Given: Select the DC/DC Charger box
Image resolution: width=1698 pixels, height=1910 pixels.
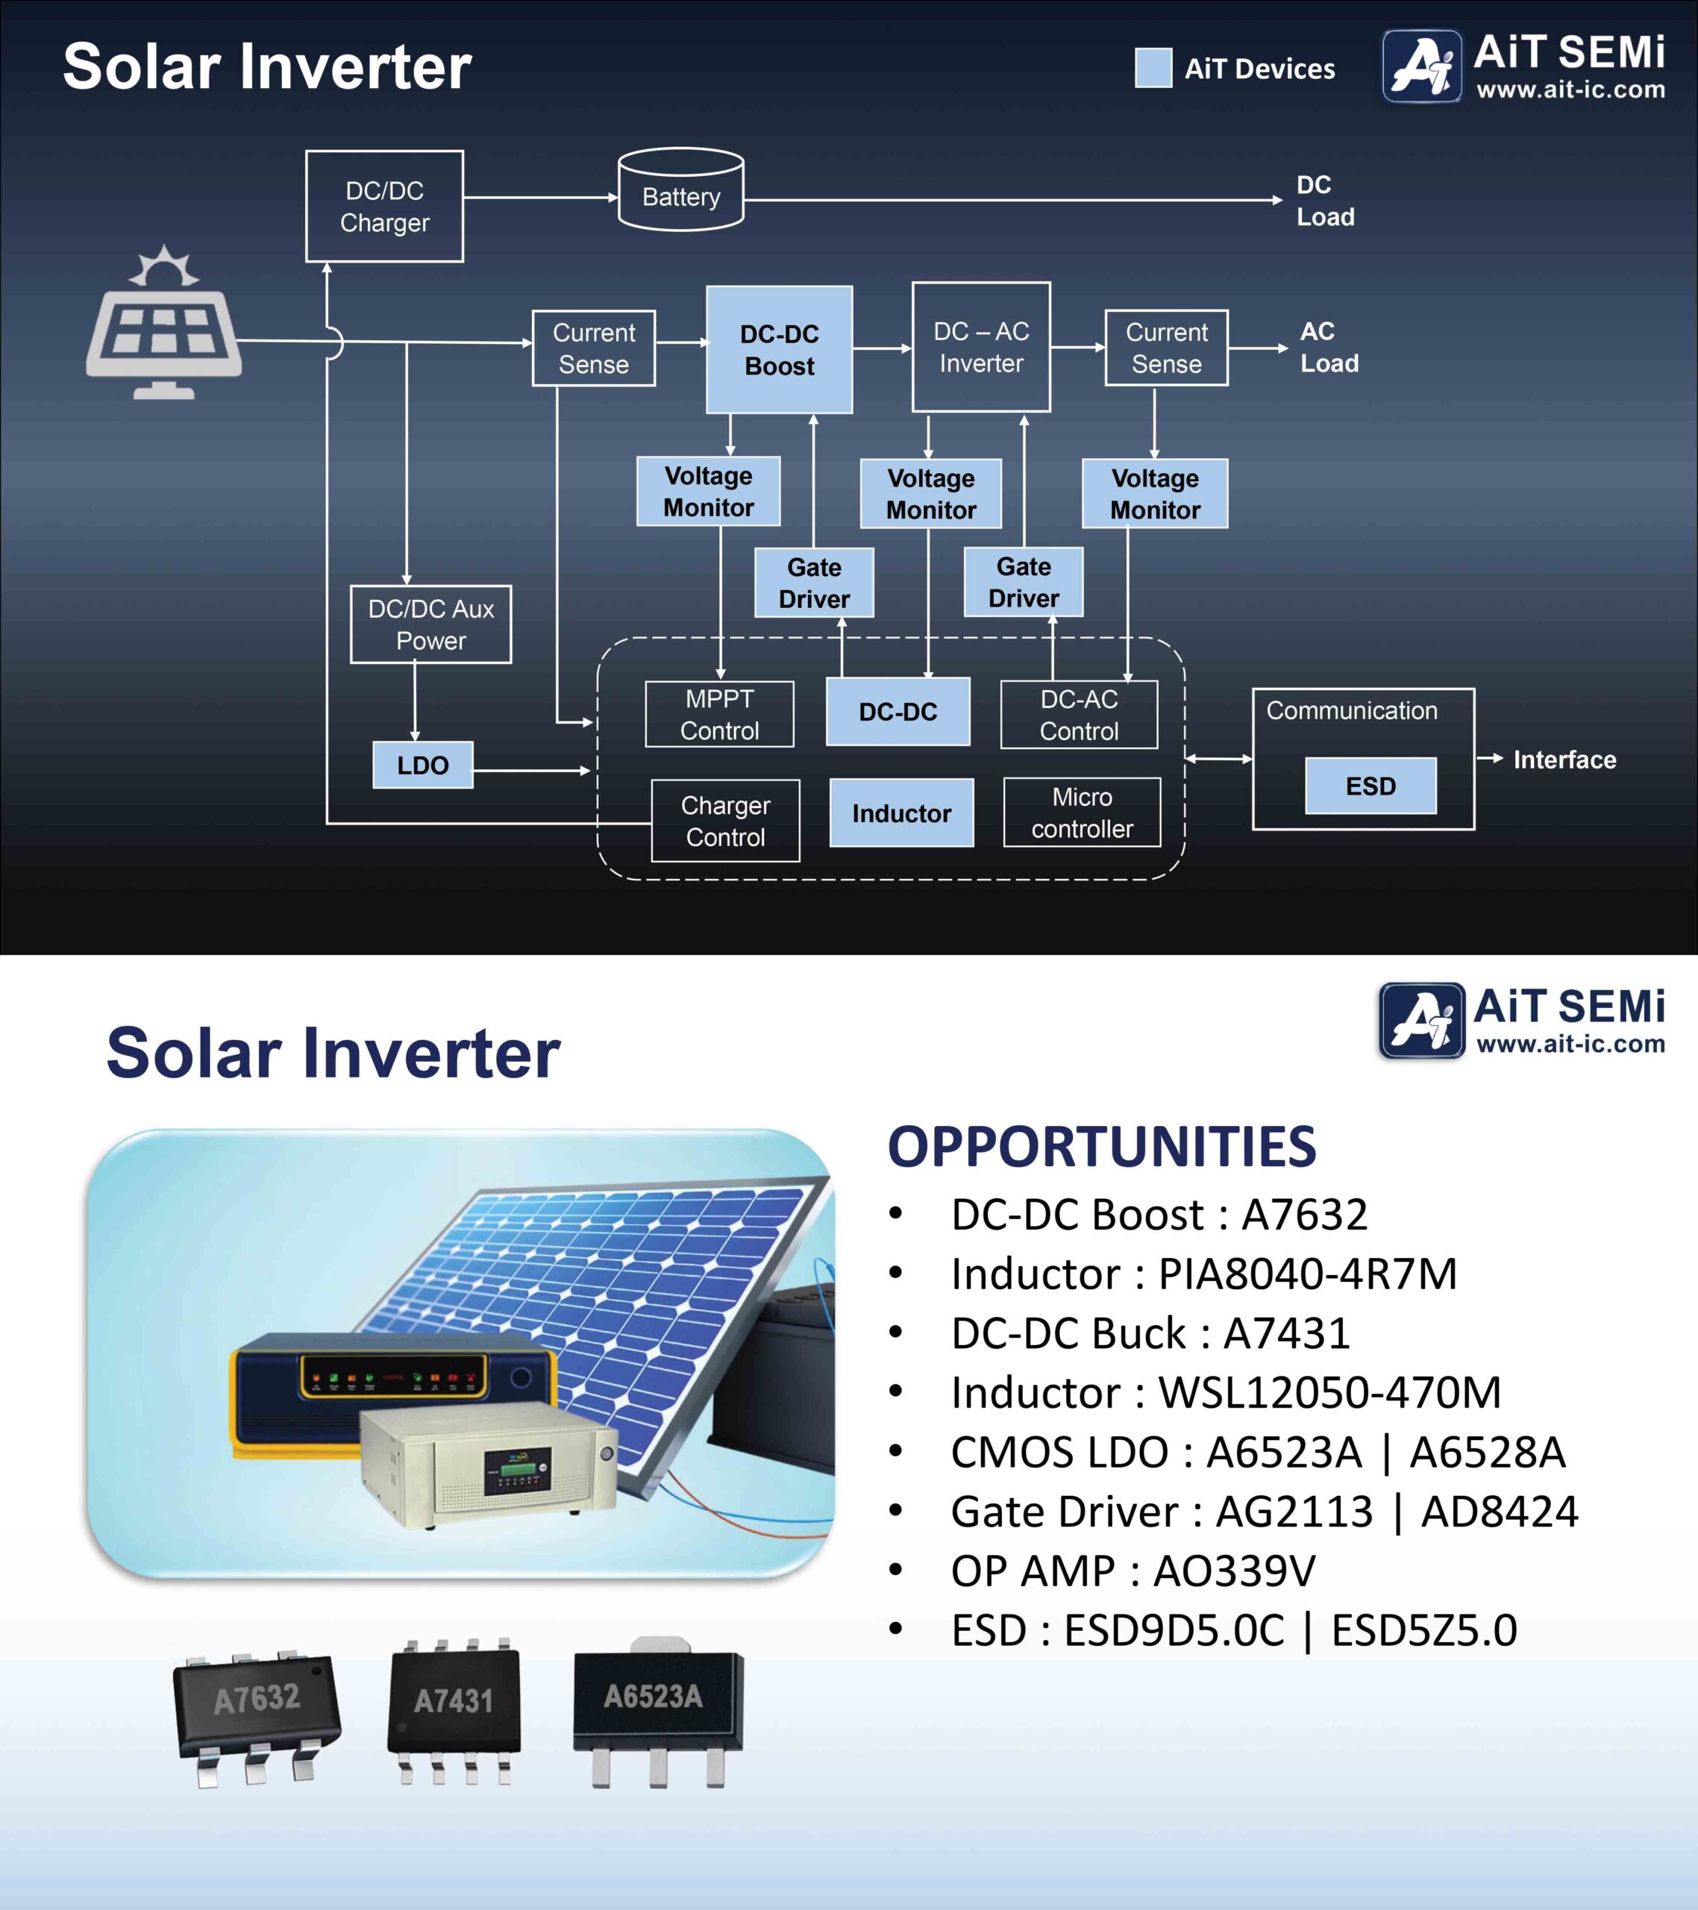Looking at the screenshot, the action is coord(384,207).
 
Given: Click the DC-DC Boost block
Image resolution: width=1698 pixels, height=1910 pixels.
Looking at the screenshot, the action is coord(780,349).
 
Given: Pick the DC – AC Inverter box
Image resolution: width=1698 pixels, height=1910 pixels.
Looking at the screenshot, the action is coord(981,347).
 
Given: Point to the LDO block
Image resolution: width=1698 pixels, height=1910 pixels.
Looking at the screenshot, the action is coord(422,765).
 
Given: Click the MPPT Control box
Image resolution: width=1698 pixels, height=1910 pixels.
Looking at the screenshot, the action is coord(720,714).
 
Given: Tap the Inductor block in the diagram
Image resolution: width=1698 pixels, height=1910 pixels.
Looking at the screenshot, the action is coord(902,813).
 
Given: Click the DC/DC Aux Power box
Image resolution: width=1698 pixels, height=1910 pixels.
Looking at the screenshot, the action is coord(430,624).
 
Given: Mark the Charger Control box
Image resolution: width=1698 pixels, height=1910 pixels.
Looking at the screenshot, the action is coord(725,821).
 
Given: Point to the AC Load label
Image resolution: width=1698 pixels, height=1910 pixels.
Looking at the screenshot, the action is coord(1329,347).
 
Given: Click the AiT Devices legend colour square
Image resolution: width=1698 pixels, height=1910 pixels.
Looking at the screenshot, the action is coord(1153,67).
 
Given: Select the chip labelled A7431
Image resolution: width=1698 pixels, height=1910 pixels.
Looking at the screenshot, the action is coord(454,1711).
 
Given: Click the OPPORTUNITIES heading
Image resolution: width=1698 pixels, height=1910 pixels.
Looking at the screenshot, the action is coord(1102,1147).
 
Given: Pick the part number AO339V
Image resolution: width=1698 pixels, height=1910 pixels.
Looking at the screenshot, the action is coord(1233,1571).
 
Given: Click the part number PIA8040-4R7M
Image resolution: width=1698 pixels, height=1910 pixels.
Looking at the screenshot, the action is coord(1307,1274).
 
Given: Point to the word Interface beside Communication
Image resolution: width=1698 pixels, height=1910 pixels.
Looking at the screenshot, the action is coord(1564,760).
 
